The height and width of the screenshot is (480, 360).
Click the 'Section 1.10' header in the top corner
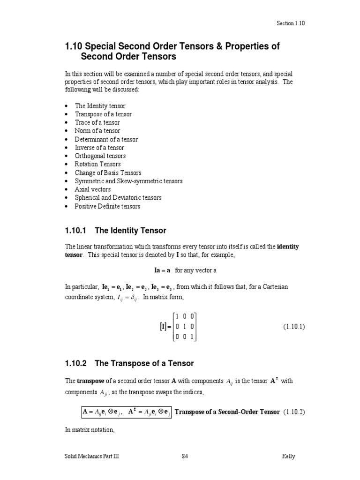[291, 23]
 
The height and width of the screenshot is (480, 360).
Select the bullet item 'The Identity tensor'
[100, 106]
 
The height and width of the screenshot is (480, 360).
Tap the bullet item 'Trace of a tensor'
[97, 122]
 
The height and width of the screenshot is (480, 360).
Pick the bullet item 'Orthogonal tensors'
[100, 156]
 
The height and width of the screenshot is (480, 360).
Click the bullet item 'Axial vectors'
[93, 189]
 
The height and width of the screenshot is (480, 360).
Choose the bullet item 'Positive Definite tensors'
[107, 206]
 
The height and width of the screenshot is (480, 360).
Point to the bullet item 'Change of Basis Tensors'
[108, 172]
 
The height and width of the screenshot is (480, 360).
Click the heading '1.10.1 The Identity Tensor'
[115, 231]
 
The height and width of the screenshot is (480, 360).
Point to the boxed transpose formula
[126, 412]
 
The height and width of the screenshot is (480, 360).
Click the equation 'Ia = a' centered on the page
[162, 270]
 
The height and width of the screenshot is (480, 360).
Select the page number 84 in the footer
[185, 457]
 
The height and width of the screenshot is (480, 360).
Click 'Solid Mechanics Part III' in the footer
[92, 457]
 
